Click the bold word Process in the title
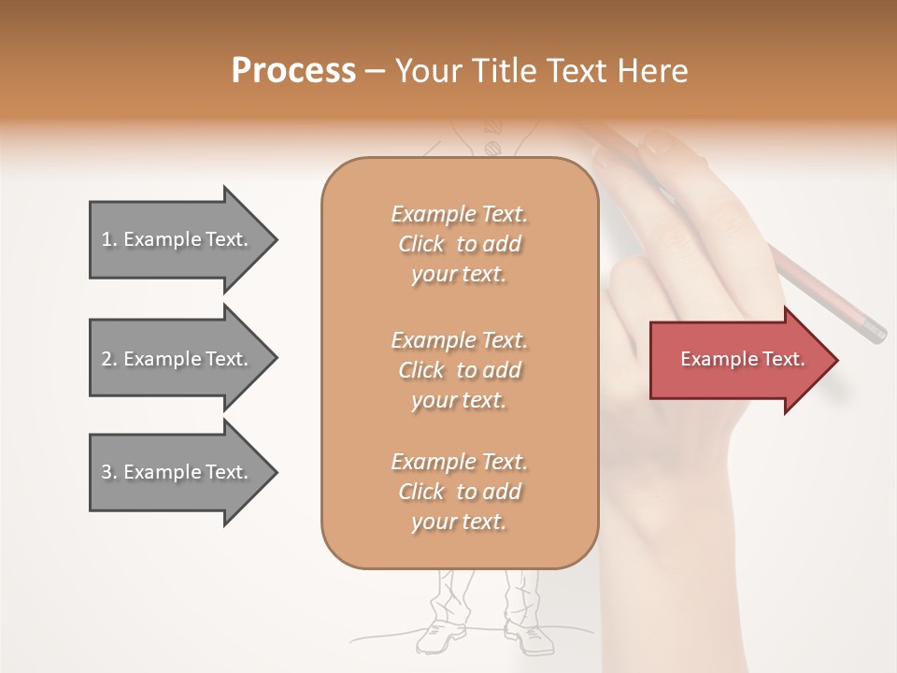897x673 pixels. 293,71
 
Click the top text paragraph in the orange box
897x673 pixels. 459,244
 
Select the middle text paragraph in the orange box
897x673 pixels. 459,370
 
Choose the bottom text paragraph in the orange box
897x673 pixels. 459,492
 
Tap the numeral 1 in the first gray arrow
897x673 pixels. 107,240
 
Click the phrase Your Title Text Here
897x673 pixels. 541,71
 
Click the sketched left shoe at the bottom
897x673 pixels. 439,637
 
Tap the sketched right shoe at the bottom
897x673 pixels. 527,637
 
